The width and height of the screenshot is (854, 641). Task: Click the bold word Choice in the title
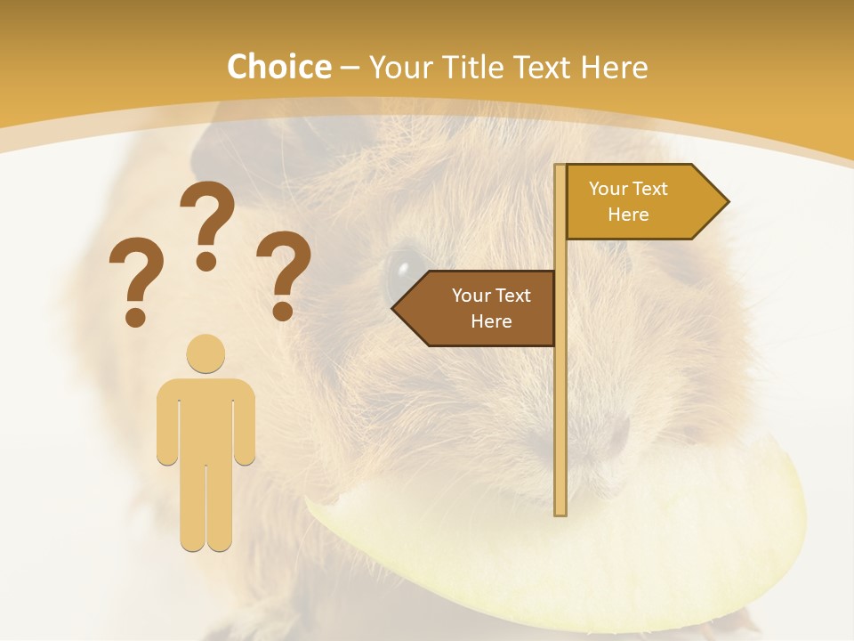click(x=278, y=68)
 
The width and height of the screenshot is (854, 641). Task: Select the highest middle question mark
click(x=207, y=223)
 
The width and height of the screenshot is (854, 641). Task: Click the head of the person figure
click(x=205, y=353)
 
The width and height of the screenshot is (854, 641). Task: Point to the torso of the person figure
click(x=205, y=418)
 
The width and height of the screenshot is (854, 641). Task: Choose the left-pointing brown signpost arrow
click(x=476, y=308)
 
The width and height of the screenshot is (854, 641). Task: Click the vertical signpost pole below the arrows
click(x=560, y=427)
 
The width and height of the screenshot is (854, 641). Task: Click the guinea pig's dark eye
click(x=403, y=271)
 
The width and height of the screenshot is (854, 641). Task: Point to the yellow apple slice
click(x=569, y=552)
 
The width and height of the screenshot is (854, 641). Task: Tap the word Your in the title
click(x=400, y=68)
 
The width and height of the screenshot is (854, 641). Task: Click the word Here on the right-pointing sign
click(x=628, y=215)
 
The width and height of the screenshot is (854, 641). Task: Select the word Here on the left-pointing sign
click(x=491, y=321)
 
